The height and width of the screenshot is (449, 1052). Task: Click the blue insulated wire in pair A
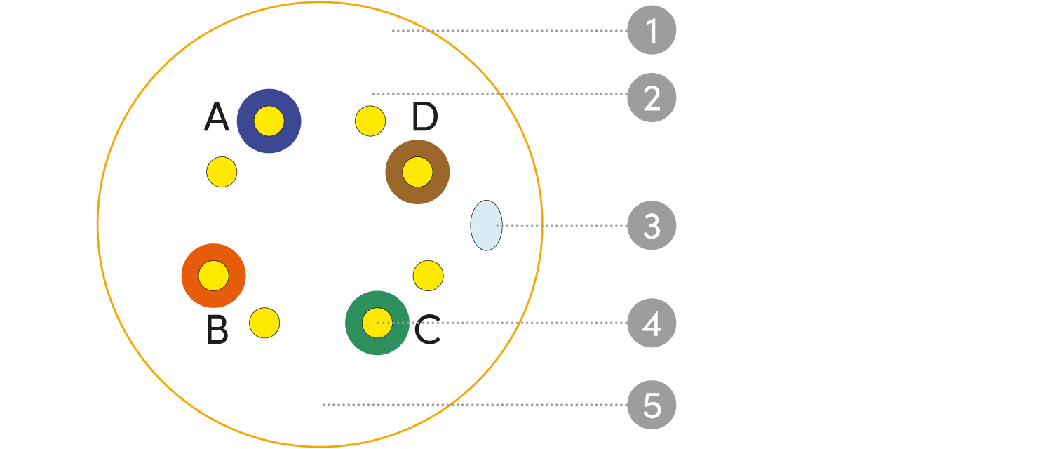[269, 121]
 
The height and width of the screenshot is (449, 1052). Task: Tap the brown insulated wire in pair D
[417, 172]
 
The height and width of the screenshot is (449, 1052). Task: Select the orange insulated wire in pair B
[213, 276]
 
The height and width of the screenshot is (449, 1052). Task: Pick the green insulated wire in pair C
[377, 323]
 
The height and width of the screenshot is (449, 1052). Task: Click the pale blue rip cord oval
[486, 225]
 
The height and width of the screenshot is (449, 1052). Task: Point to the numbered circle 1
[652, 31]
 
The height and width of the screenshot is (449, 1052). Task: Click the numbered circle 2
[652, 98]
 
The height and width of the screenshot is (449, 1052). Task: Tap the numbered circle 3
[652, 226]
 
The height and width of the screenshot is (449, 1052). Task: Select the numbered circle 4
[652, 323]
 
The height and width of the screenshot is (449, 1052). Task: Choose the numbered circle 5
[652, 406]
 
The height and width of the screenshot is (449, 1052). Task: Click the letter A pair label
[216, 119]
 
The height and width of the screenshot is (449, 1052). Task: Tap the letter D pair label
[424, 118]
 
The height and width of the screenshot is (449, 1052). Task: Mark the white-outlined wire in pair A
[222, 171]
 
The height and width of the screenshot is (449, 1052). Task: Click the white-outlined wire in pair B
[264, 323]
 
